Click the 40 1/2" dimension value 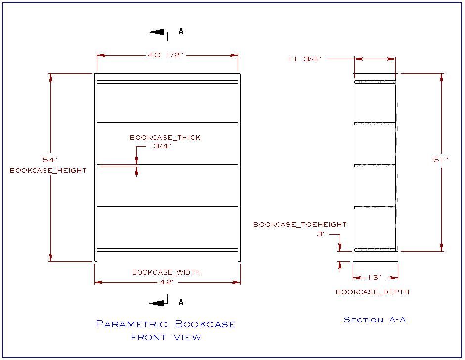(165, 55)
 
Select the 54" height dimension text (50, 160)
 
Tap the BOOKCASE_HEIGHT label (48, 170)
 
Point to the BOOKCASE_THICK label (165, 137)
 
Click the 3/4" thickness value (162, 146)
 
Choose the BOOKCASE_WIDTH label (166, 272)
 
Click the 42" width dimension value (167, 282)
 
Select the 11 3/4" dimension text (304, 59)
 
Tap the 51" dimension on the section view (441, 160)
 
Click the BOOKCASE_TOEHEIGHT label (300, 224)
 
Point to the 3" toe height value (320, 234)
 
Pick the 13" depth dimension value (375, 278)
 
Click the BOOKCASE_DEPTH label (372, 292)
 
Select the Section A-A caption (374, 320)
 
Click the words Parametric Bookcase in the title (166, 325)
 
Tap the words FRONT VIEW (166, 338)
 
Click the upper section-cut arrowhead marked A (157, 32)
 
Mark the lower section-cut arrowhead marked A (157, 303)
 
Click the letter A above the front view (181, 31)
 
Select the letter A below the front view (181, 302)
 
